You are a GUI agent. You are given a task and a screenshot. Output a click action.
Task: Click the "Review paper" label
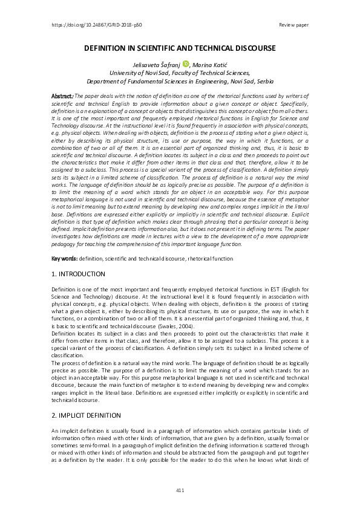pyautogui.click(x=294, y=25)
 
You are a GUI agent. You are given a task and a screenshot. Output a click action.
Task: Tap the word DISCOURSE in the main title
pyautogui.click(x=250, y=48)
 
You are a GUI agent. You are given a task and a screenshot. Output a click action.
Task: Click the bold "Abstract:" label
pyautogui.click(x=62, y=96)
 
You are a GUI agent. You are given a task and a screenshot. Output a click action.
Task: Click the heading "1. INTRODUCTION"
pyautogui.click(x=79, y=274)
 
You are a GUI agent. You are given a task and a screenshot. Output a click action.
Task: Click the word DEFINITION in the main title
pyautogui.click(x=110, y=48)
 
